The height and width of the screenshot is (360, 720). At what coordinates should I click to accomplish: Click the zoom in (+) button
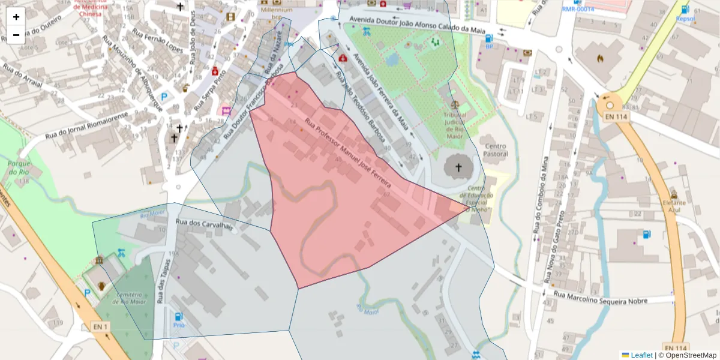point(16,17)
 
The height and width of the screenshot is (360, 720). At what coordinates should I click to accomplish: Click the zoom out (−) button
point(16,35)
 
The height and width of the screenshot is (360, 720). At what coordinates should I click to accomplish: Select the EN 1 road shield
point(100,326)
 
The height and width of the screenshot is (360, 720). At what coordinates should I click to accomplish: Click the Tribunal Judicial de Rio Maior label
point(454,125)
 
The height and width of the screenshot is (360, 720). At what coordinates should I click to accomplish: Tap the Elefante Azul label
point(674,203)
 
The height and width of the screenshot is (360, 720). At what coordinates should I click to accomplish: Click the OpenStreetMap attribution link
point(691,355)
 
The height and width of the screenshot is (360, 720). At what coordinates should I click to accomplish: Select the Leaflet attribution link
point(641,355)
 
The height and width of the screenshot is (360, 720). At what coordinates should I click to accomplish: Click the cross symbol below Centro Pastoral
point(460,168)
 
